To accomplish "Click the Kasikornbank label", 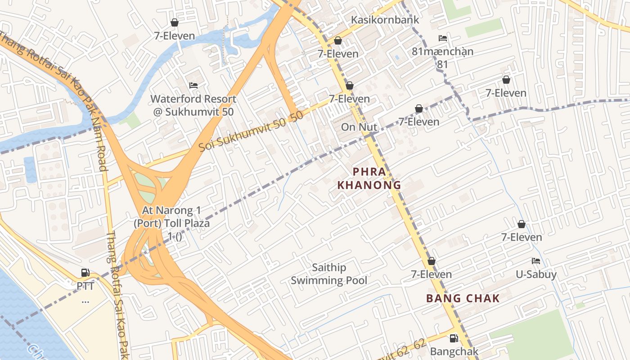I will (x=385, y=20).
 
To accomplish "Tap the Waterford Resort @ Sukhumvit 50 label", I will (x=193, y=105).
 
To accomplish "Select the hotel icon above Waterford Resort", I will (x=193, y=85).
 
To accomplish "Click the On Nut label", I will (x=359, y=127).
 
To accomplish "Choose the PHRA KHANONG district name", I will (x=369, y=178).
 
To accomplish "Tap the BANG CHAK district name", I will (x=463, y=298).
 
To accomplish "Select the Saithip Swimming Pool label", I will (x=329, y=274).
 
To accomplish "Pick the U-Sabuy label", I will (x=536, y=274).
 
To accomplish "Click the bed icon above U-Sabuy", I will (x=535, y=261).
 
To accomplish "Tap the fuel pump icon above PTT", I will (x=85, y=272).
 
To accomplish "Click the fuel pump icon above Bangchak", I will (x=454, y=338).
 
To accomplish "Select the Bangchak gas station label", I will (x=454, y=351).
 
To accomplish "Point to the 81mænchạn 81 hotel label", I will (x=443, y=58).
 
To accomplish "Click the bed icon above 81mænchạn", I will (x=443, y=38).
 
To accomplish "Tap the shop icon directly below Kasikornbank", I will (x=338, y=41).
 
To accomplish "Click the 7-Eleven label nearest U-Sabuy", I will (x=522, y=237).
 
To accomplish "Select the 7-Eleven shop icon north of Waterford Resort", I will (x=175, y=22).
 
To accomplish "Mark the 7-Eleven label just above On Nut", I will (x=349, y=99).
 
